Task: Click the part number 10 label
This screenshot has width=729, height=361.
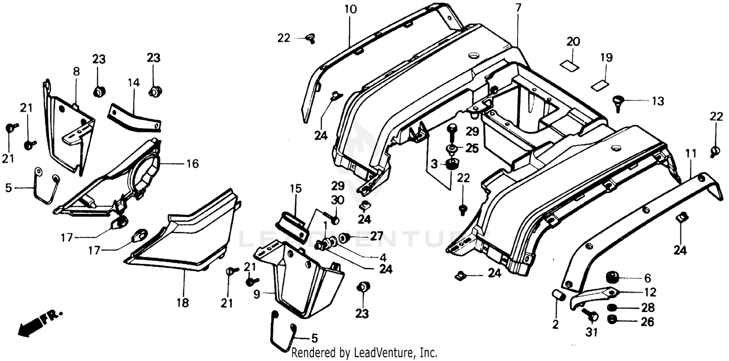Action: click(x=350, y=9)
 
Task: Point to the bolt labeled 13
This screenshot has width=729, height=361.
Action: click(x=618, y=102)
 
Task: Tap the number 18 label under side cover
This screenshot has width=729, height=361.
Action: click(x=182, y=303)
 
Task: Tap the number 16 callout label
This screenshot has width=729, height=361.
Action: click(x=192, y=164)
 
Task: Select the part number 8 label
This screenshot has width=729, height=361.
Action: click(x=76, y=71)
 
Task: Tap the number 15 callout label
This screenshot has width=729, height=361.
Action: click(x=296, y=188)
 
